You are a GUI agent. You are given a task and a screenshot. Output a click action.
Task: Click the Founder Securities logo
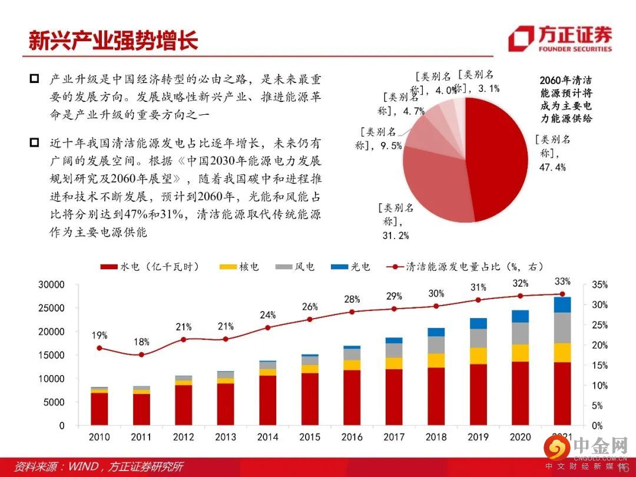point(559,39)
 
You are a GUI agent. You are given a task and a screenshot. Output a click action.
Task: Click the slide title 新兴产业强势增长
point(113,39)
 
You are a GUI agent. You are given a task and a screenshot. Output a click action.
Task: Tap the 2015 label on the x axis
point(310,437)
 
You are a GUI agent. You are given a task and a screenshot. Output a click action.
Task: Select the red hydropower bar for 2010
point(100,409)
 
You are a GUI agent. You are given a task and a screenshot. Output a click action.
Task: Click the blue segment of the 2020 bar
point(520,316)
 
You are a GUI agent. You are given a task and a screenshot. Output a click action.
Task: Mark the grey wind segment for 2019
point(478,338)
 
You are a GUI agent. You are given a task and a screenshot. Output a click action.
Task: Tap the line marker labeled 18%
point(141,355)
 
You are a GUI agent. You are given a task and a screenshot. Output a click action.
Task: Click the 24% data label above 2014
point(267,315)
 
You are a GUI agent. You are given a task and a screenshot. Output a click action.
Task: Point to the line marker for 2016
point(352,312)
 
